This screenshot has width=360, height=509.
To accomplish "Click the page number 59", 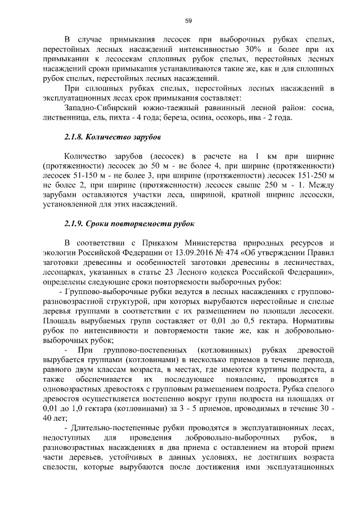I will (x=188, y=21).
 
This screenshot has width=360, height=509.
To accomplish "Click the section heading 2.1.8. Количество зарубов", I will (x=112, y=137).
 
